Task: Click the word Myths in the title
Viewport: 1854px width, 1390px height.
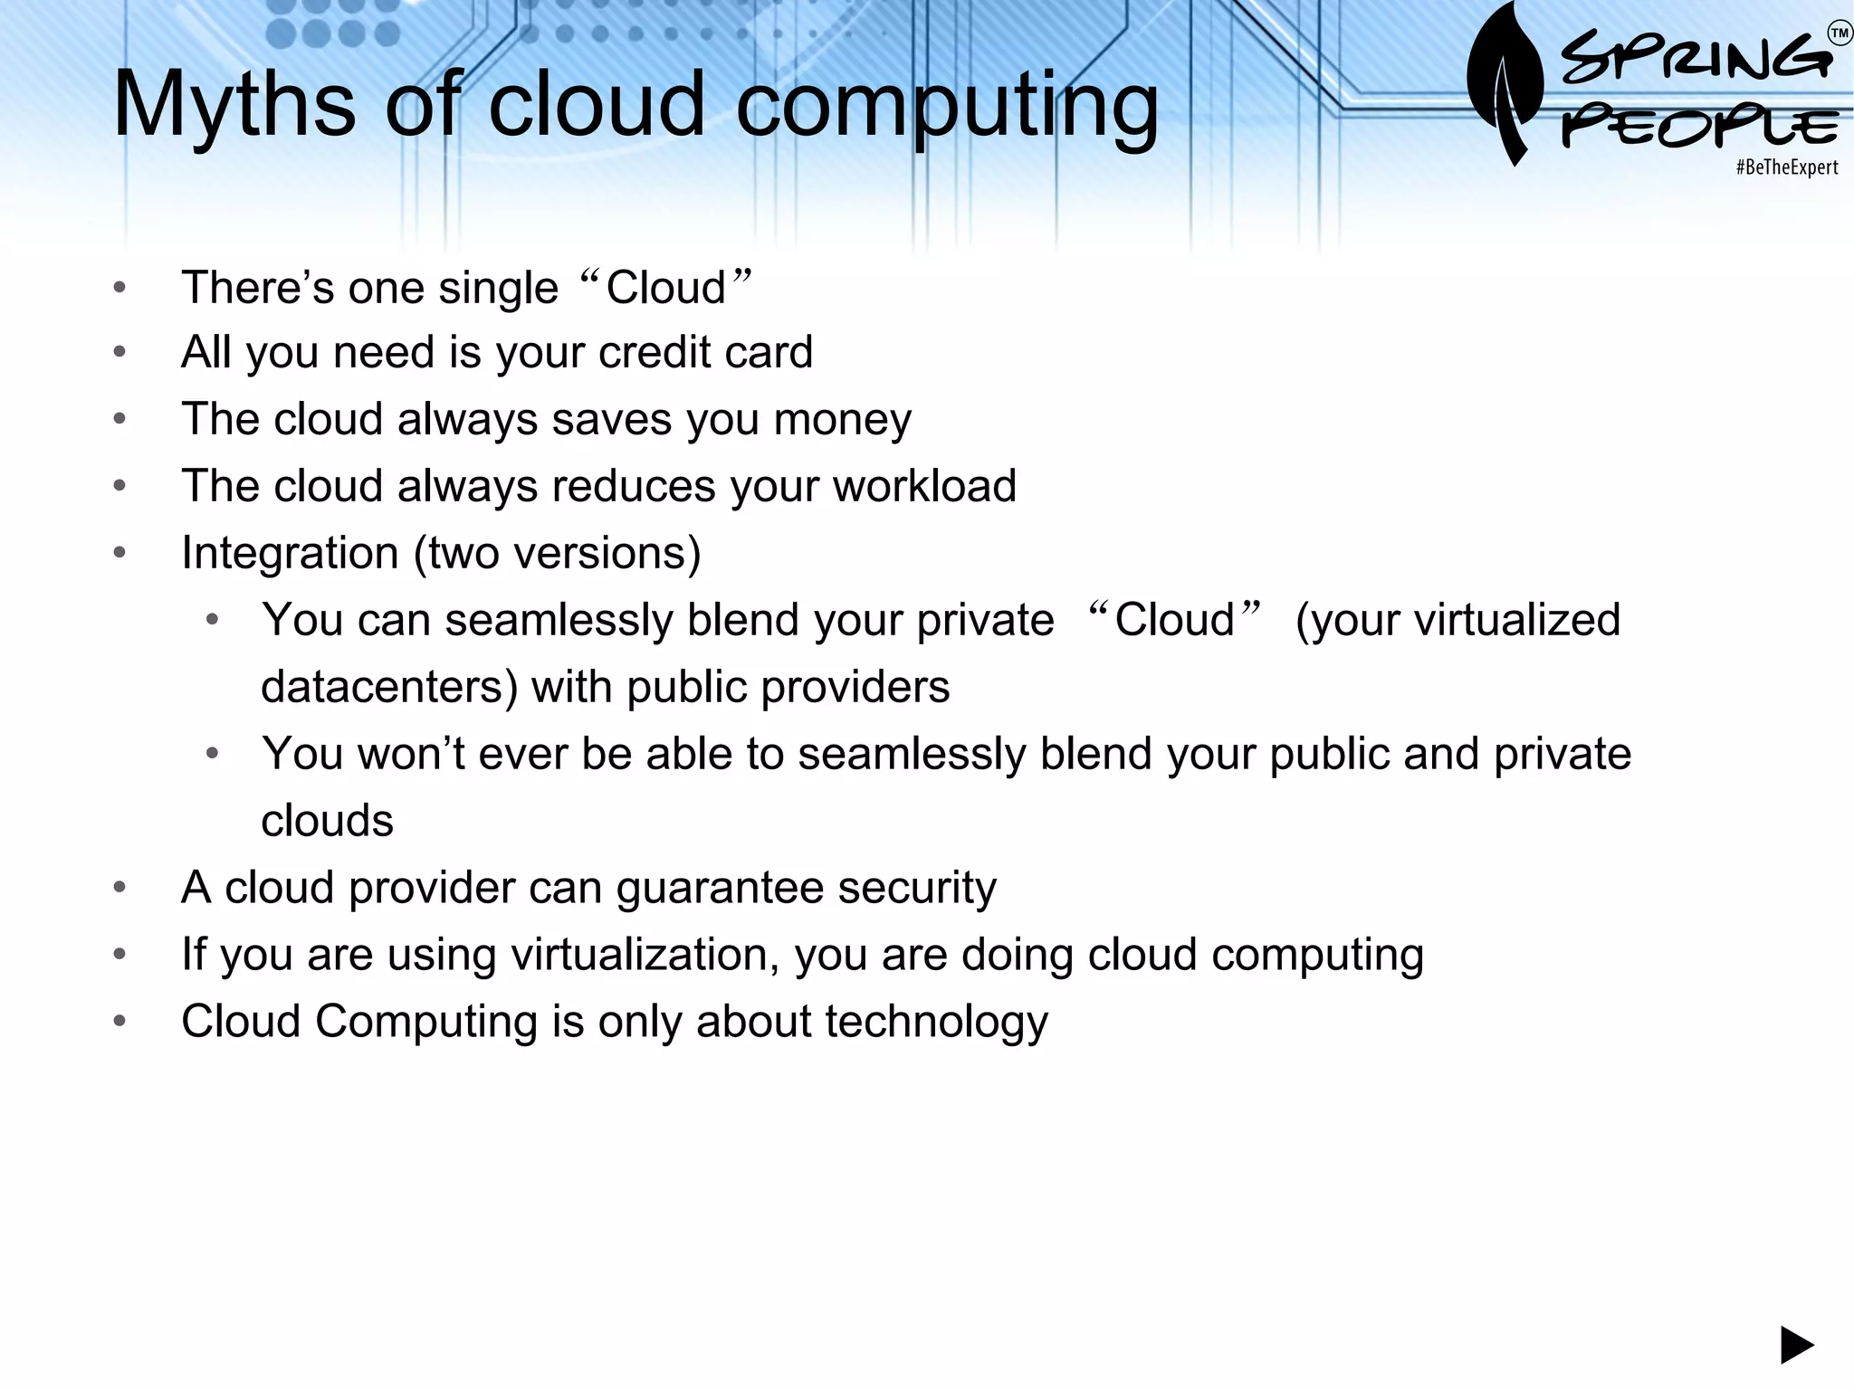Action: (x=234, y=105)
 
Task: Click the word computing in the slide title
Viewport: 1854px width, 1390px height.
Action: (x=947, y=107)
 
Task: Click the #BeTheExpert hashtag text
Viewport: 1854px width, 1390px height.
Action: (x=1787, y=167)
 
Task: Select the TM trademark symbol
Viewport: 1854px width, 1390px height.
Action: (x=1840, y=34)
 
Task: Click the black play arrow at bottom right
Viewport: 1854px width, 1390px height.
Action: (x=1797, y=1345)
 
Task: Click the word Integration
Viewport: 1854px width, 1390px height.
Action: (x=290, y=553)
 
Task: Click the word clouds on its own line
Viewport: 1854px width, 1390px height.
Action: (x=327, y=821)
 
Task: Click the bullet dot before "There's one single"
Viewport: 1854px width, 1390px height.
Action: (x=119, y=289)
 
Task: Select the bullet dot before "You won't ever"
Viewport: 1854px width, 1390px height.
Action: (x=212, y=754)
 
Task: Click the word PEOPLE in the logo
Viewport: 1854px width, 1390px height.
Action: (x=1700, y=128)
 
